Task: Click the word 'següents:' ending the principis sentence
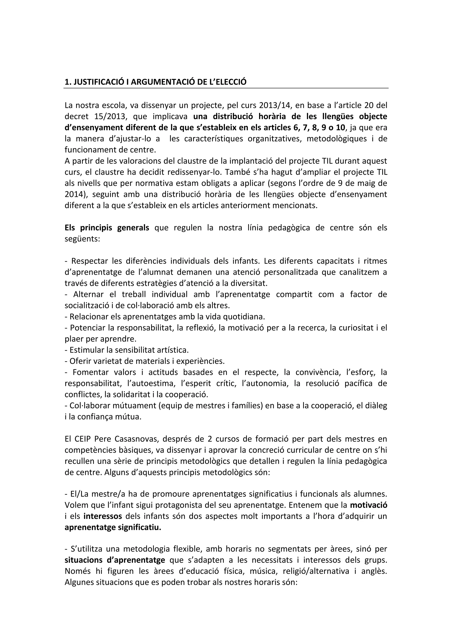[x=82, y=239]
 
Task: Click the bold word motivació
[x=369, y=505]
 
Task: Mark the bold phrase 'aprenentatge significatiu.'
[x=113, y=528]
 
